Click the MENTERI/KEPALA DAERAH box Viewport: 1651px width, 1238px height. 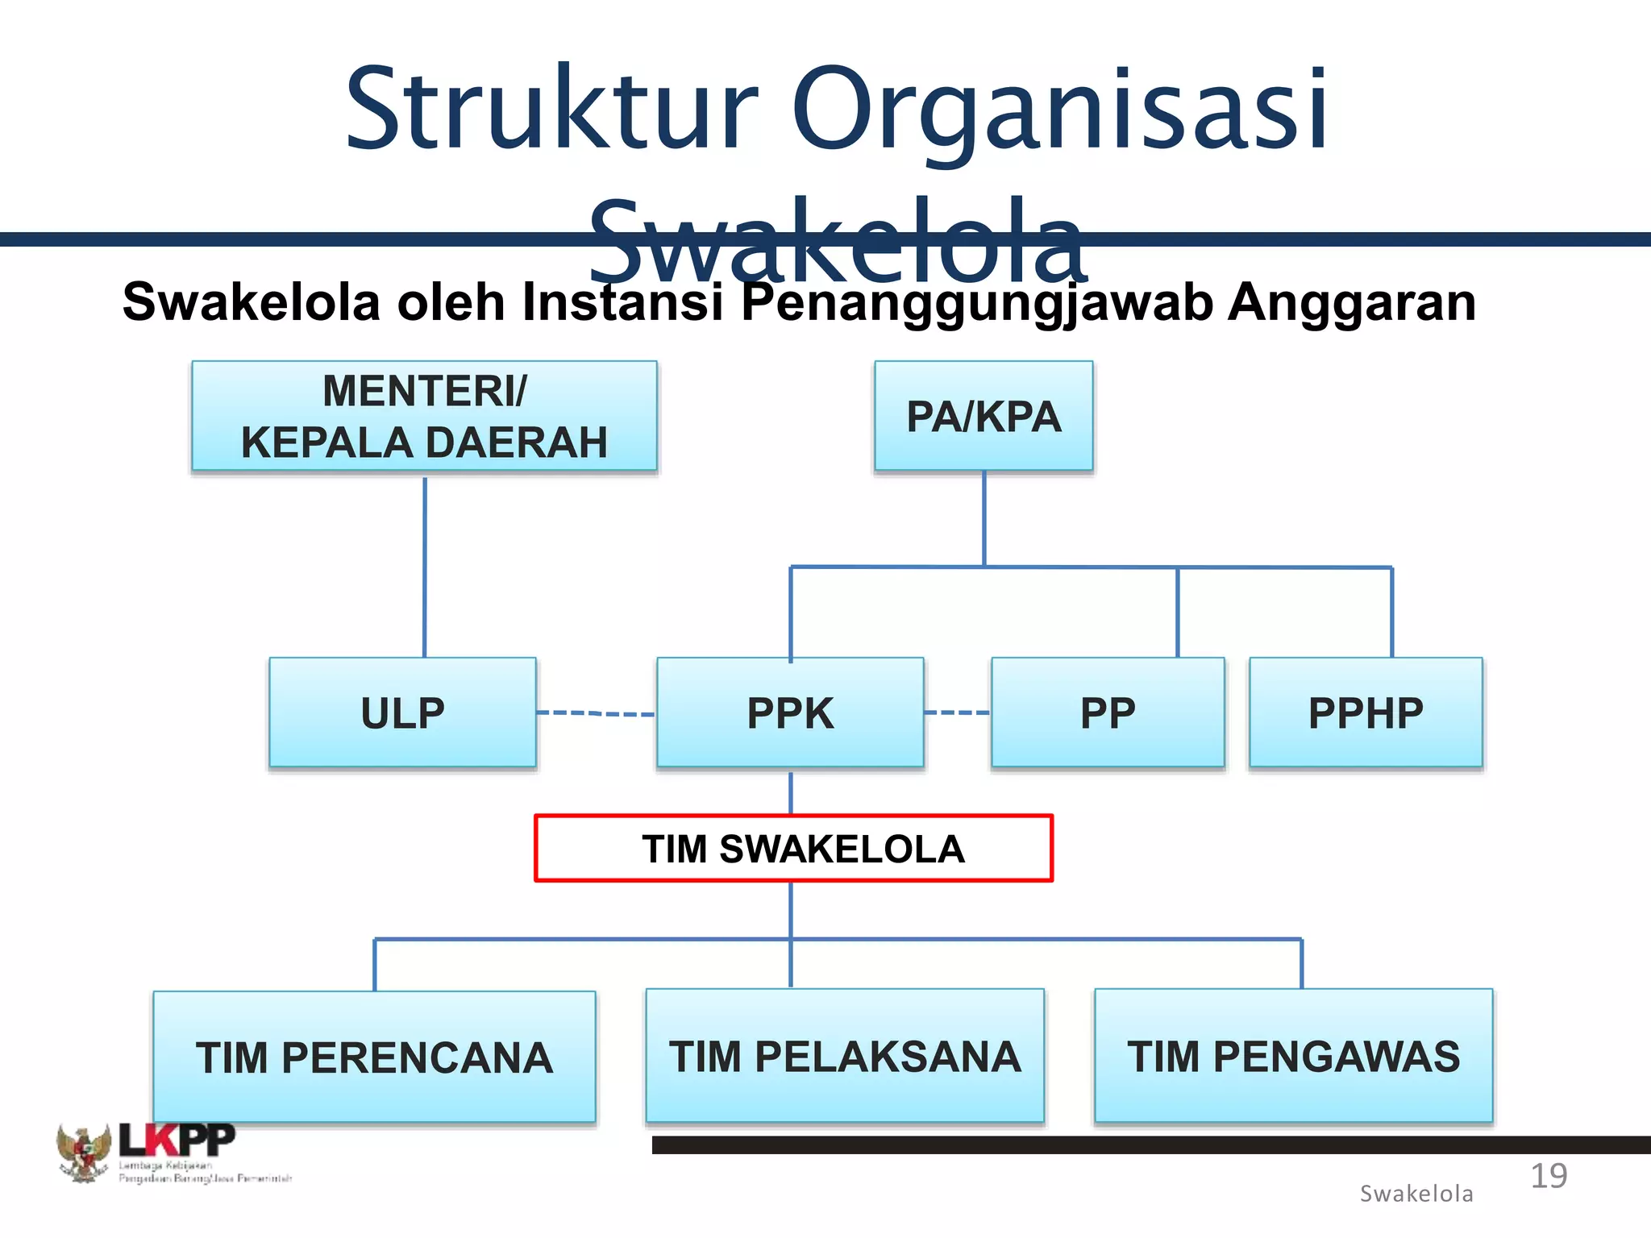(x=424, y=416)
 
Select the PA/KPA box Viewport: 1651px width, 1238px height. (x=984, y=416)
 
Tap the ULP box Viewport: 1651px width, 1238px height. (x=402, y=712)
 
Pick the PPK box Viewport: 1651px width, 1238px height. (x=790, y=712)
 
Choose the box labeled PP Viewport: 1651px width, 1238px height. (x=1108, y=712)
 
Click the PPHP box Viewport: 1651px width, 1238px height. (x=1366, y=712)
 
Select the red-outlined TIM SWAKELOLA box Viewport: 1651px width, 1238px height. (x=794, y=849)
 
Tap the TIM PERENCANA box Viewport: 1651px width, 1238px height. (x=374, y=1057)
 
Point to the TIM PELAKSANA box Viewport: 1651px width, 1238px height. (x=845, y=1055)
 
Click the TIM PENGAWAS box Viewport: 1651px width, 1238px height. (x=1293, y=1055)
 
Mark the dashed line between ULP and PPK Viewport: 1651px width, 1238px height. (x=596, y=713)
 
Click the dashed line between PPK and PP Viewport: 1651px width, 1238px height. (x=957, y=712)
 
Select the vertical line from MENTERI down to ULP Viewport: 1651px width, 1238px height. (x=425, y=564)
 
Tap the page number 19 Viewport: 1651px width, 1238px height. (x=1549, y=1176)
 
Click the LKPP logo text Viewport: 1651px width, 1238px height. (x=177, y=1140)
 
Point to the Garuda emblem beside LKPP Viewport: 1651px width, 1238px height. (x=83, y=1153)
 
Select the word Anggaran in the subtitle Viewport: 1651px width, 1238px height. (x=1351, y=302)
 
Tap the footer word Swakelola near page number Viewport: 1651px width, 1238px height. (x=1416, y=1194)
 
